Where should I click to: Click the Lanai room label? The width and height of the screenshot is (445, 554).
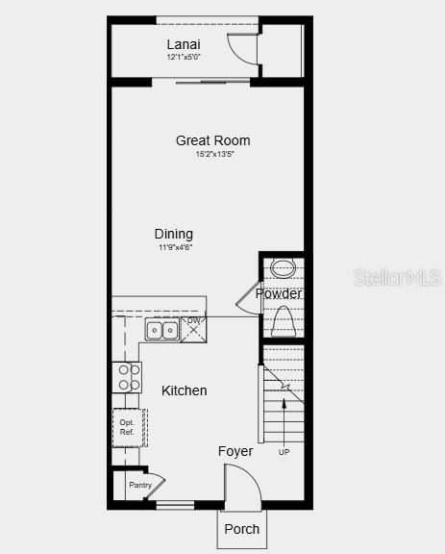tap(184, 44)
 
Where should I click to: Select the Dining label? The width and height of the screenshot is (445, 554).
tap(174, 234)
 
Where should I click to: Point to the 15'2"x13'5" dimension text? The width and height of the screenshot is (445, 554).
tap(215, 154)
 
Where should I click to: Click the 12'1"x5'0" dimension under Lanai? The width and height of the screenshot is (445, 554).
tap(184, 57)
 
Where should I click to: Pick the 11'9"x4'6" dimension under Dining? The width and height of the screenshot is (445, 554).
tap(176, 247)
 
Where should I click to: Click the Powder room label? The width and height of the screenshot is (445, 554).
tap(279, 294)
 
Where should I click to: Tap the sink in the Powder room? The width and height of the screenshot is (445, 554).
tap(283, 268)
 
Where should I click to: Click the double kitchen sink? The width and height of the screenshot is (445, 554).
tap(162, 331)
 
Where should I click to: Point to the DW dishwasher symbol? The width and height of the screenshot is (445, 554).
tap(193, 327)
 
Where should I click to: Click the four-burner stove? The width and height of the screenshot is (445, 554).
tap(127, 376)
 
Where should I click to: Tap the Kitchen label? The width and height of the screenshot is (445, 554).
tap(184, 390)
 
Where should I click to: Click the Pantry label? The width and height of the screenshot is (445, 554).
tap(139, 486)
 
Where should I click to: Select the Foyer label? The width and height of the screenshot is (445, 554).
tap(235, 451)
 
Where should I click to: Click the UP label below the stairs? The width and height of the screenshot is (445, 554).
tap(284, 452)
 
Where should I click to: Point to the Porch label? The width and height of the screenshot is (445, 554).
tap(241, 529)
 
